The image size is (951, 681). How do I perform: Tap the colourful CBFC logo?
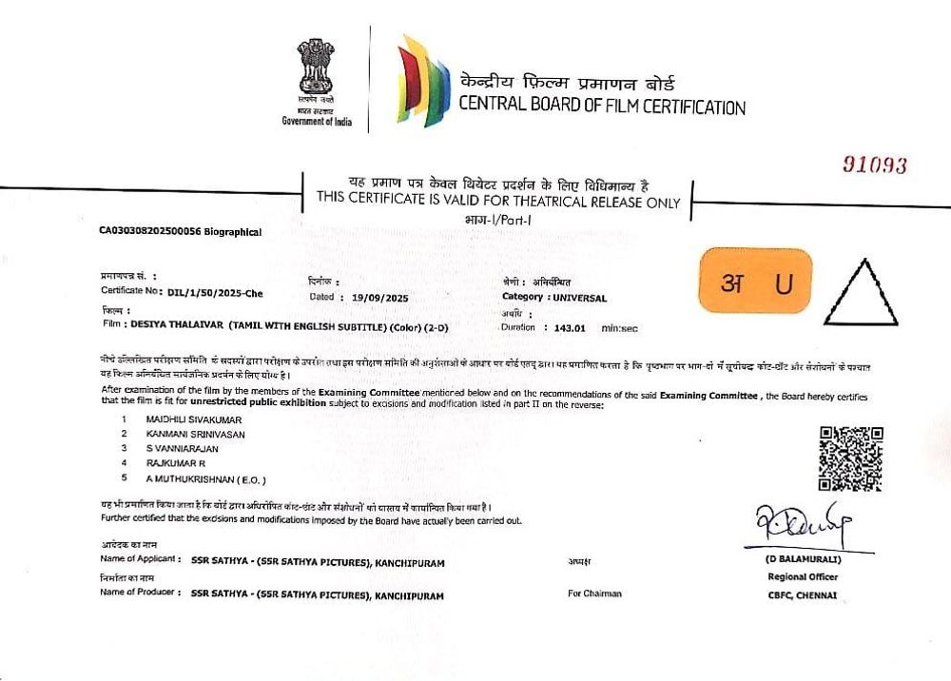click(423, 81)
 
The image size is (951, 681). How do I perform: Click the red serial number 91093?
click(875, 165)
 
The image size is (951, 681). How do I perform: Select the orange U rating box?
click(756, 281)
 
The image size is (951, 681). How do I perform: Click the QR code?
click(851, 459)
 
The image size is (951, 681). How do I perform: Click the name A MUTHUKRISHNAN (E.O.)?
click(205, 478)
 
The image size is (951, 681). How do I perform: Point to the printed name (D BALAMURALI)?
click(804, 559)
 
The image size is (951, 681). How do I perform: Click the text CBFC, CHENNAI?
click(804, 595)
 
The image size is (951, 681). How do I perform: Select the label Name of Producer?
click(139, 593)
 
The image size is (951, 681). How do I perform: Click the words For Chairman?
click(594, 593)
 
